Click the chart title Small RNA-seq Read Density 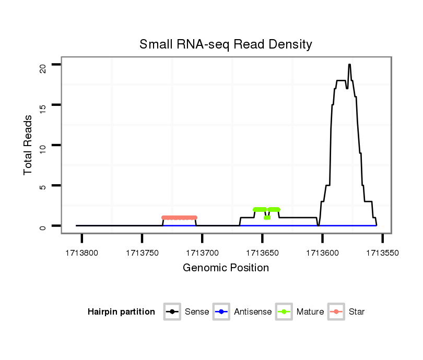click(226, 44)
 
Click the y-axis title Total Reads click(28, 145)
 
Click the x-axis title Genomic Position click(226, 268)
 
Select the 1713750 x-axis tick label click(142, 253)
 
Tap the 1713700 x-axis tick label click(202, 253)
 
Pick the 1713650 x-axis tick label click(262, 253)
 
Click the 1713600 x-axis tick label click(323, 253)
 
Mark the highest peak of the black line click(349, 65)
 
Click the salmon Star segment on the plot click(180, 218)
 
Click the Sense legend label click(197, 312)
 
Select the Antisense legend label click(252, 312)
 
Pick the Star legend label click(357, 312)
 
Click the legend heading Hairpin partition click(121, 312)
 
